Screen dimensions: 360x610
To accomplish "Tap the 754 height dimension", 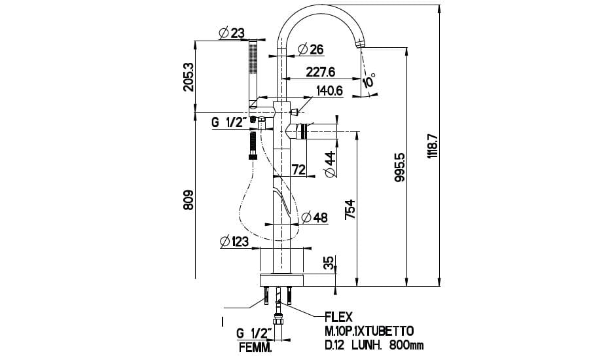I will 350,209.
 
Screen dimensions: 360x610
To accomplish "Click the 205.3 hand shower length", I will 188,77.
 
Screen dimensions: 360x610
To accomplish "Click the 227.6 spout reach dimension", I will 320,72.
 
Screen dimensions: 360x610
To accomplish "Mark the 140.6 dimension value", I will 330,92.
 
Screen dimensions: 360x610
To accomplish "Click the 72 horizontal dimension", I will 298,170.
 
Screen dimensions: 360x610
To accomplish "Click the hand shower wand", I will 252,72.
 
